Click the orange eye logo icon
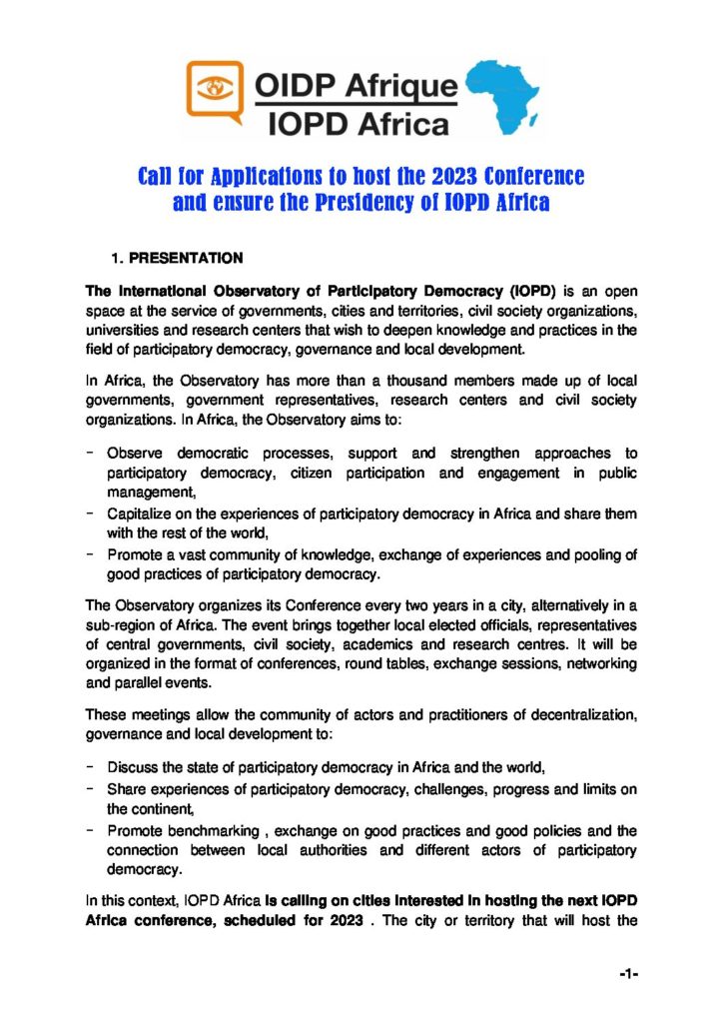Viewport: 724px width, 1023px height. [x=215, y=89]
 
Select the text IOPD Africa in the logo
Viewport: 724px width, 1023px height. [x=356, y=122]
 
